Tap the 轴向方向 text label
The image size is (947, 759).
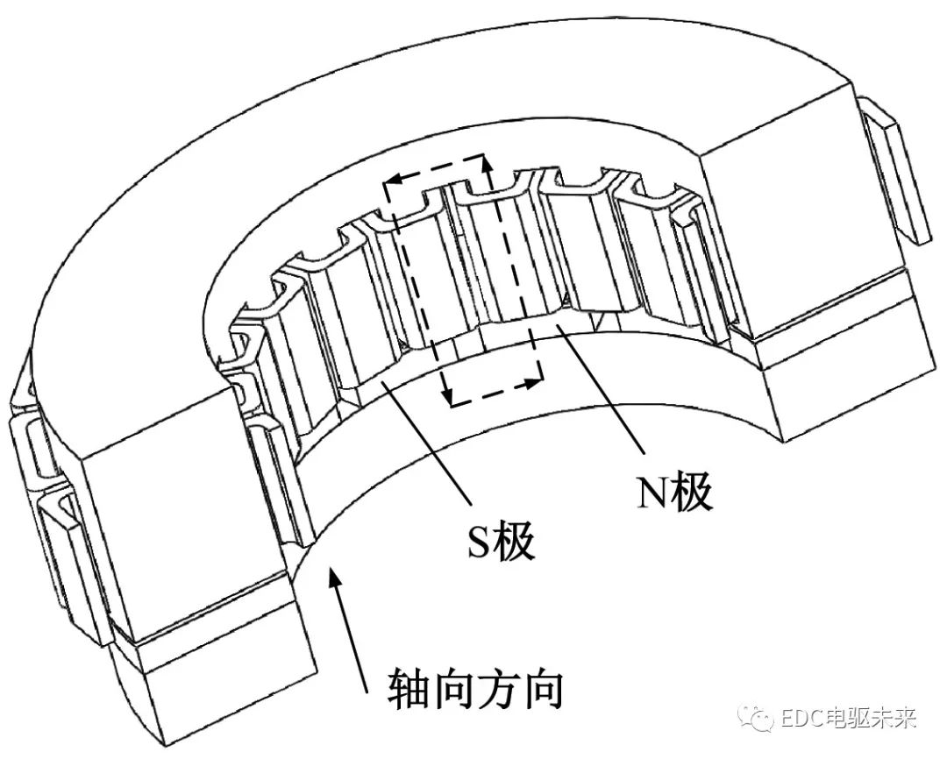474,692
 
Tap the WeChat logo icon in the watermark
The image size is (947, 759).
756,720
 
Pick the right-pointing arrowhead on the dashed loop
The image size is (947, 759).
532,383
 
